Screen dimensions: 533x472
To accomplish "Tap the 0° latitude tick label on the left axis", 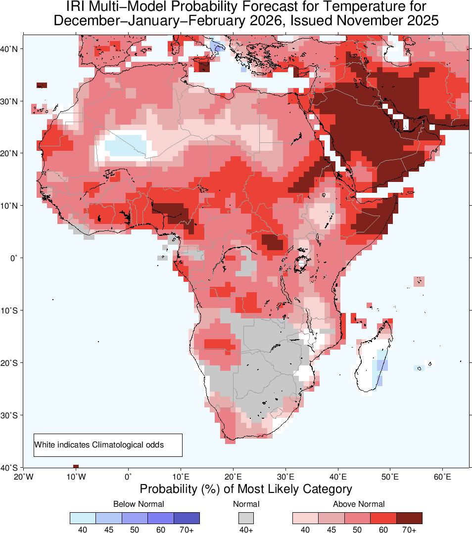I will [x=14, y=258].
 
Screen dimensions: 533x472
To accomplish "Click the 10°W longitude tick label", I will [x=75, y=477].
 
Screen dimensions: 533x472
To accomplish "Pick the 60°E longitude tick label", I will [x=442, y=477].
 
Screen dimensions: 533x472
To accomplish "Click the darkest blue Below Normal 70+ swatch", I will [x=187, y=518].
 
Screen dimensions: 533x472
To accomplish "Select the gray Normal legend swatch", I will [x=246, y=518].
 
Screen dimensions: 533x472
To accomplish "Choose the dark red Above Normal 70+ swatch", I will [x=409, y=518].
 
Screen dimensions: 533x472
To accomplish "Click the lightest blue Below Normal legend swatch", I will [x=83, y=518].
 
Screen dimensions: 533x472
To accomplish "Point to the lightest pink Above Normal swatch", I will [x=305, y=518].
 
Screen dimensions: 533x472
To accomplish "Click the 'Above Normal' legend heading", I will [x=359, y=504].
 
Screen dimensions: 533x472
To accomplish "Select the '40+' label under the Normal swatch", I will [x=246, y=530].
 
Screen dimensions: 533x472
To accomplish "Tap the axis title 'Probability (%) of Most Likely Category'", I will [x=246, y=489].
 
